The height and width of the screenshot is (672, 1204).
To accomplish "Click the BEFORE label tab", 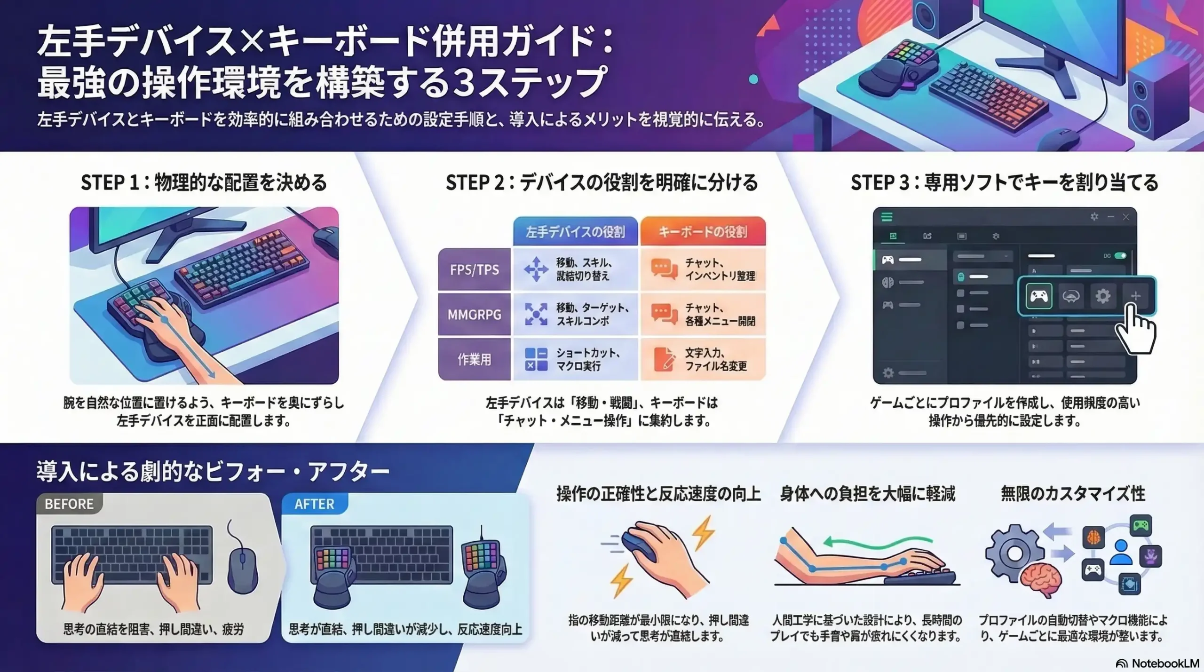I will (x=69, y=504).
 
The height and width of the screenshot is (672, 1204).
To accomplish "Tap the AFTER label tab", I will (x=314, y=504).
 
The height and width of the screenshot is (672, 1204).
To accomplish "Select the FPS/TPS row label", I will (x=474, y=269).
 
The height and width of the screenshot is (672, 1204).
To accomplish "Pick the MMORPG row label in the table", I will (x=474, y=314).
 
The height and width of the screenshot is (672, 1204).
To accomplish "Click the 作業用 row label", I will (x=474, y=359).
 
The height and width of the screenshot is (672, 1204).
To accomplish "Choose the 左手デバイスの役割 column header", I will (x=575, y=231).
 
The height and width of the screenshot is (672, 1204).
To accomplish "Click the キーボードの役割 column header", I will (x=703, y=231).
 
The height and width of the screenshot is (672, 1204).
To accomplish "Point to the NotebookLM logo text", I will (x=1164, y=663).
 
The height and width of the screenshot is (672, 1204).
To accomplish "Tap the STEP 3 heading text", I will (x=1004, y=182).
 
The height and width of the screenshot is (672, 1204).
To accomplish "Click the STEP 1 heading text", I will (x=204, y=182).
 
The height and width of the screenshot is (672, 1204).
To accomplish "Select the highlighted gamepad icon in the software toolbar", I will (x=1038, y=296).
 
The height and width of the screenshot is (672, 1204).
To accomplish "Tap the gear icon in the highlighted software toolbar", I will (x=1103, y=296).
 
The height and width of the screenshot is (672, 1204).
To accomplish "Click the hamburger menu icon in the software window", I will (x=887, y=217).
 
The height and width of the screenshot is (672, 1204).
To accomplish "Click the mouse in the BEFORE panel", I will (x=242, y=569).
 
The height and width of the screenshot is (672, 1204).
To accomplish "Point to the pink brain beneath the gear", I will (x=1041, y=579).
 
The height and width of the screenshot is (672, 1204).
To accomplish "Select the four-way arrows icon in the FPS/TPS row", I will (x=536, y=269).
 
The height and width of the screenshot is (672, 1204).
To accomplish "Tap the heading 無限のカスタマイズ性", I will (x=1073, y=494).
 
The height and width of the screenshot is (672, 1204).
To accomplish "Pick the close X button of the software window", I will (x=1126, y=217).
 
